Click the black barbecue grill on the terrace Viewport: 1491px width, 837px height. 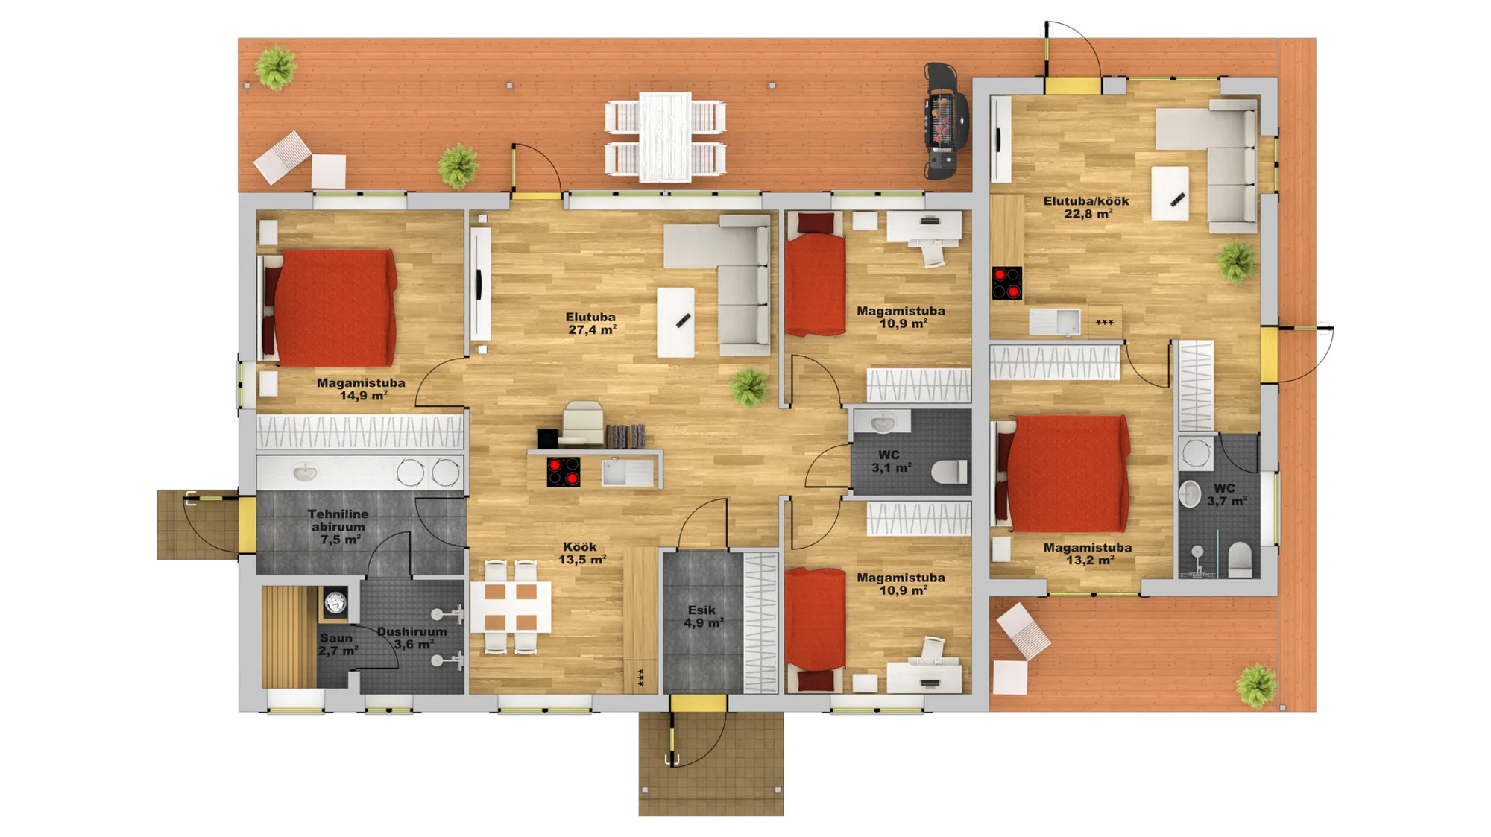pyautogui.click(x=945, y=121)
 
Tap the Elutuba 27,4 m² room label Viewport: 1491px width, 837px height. pyautogui.click(x=591, y=323)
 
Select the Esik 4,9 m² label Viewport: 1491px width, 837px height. pyautogui.click(x=703, y=616)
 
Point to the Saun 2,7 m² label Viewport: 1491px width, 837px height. pyautogui.click(x=338, y=645)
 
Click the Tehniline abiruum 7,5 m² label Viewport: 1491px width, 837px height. pyautogui.click(x=338, y=527)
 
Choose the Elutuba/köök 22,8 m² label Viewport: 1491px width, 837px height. pyautogui.click(x=1086, y=207)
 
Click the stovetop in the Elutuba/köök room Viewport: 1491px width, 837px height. pyautogui.click(x=1006, y=283)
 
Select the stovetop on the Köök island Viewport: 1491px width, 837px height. pyautogui.click(x=563, y=472)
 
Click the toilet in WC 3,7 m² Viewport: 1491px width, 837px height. pyautogui.click(x=1240, y=560)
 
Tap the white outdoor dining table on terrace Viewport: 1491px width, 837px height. pyautogui.click(x=666, y=137)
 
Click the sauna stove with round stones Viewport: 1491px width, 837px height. pyautogui.click(x=335, y=602)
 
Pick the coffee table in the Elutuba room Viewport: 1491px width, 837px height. pyautogui.click(x=675, y=323)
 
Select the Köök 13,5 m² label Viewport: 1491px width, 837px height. pyautogui.click(x=582, y=553)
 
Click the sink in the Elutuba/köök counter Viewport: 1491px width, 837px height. pyautogui.click(x=1054, y=322)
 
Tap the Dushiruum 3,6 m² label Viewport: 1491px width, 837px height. pyautogui.click(x=412, y=638)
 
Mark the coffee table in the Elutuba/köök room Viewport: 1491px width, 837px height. pyautogui.click(x=1170, y=194)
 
